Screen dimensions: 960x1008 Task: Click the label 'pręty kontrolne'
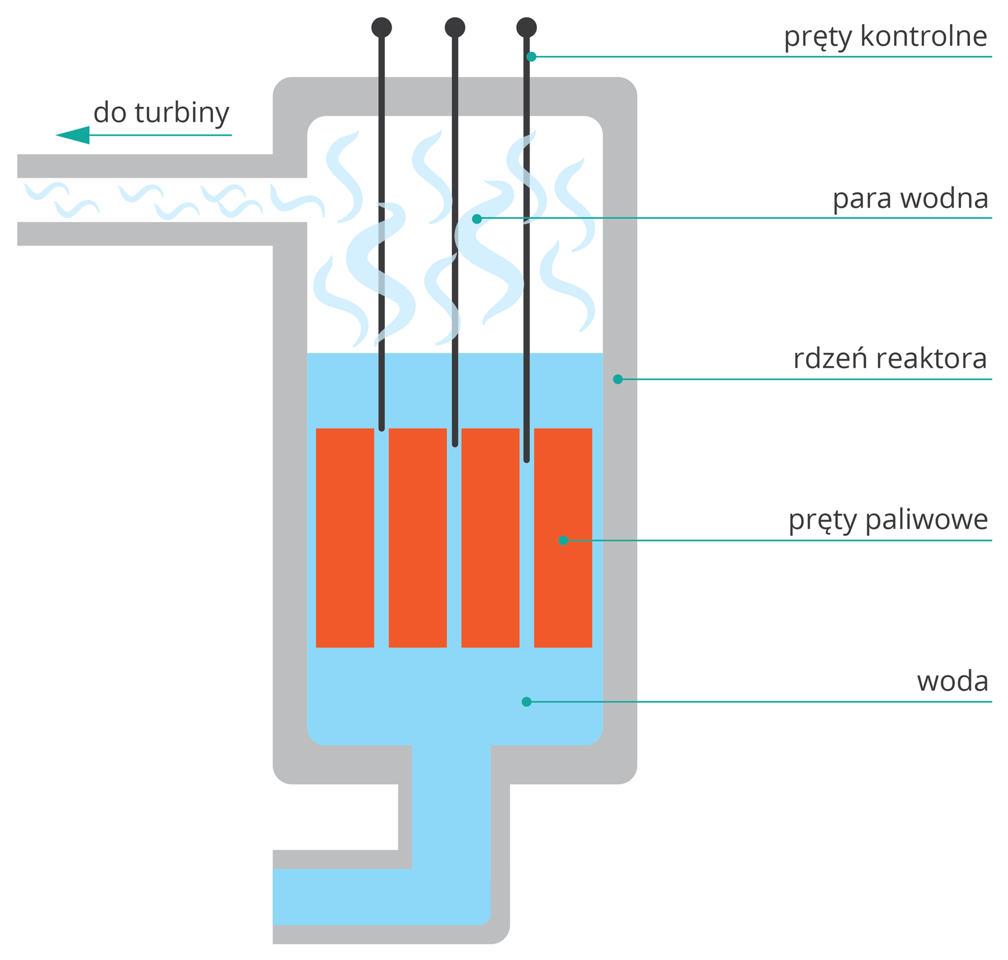(x=884, y=37)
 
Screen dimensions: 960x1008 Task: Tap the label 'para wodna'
(x=909, y=199)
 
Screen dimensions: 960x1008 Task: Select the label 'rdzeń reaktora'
(x=889, y=359)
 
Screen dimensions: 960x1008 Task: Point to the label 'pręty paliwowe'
(x=887, y=520)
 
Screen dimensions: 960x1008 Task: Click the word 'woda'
(x=952, y=682)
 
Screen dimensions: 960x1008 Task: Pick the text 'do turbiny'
(x=161, y=113)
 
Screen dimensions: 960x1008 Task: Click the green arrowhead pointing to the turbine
(x=73, y=135)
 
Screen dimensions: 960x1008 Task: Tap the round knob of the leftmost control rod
(x=381, y=28)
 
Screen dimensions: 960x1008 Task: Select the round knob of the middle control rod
(x=455, y=28)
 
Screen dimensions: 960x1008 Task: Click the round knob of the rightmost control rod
(x=526, y=28)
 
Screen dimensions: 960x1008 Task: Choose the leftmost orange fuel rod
(x=345, y=538)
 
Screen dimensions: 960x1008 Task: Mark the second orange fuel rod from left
(x=417, y=538)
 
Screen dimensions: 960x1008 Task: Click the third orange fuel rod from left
(x=490, y=538)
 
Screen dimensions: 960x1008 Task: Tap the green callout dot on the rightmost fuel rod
(x=562, y=541)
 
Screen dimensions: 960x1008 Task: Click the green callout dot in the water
(x=526, y=701)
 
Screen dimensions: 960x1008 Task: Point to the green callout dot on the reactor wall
(x=618, y=379)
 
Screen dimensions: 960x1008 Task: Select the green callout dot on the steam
(x=477, y=219)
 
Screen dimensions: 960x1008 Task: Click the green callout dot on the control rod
(x=531, y=57)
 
